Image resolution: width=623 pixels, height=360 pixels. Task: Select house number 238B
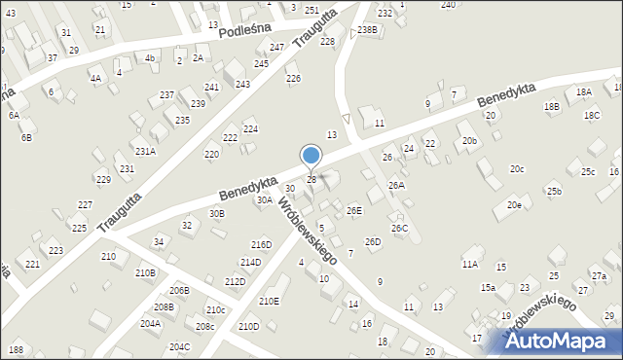point(367,30)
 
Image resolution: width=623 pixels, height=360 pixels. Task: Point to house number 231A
point(145,151)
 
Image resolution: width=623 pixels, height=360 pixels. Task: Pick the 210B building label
point(145,272)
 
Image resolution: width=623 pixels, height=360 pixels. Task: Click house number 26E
point(354,210)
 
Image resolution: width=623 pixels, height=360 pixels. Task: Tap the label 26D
point(373,241)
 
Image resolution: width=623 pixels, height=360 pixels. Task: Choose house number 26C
point(400,229)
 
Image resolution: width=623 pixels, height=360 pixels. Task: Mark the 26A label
point(396,185)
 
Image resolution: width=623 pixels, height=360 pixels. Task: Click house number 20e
point(514,205)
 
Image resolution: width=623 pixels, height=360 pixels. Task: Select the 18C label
point(592,115)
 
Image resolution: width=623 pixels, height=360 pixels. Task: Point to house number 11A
point(470,264)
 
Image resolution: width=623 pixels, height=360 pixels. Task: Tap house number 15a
point(488,287)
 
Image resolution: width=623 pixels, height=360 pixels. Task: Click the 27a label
point(599,276)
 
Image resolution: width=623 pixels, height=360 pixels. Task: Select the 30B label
point(217,213)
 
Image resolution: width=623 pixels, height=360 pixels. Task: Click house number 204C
point(179,346)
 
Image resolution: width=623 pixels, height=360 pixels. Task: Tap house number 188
point(16,349)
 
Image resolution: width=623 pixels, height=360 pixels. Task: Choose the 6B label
point(27,137)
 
